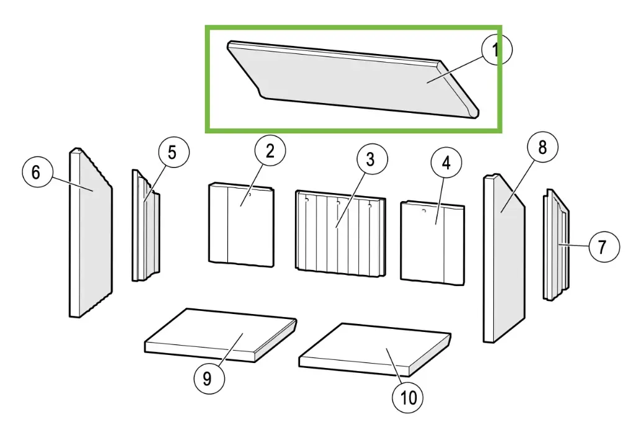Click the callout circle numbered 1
tap(497, 50)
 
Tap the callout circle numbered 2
tap(270, 151)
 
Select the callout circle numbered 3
tap(372, 159)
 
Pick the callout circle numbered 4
tap(446, 163)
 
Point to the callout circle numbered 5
tap(173, 152)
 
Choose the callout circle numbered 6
tap(37, 172)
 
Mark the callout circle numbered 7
tap(604, 246)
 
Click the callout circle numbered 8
tap(543, 147)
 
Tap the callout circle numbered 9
tap(209, 378)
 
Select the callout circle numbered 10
tap(407, 398)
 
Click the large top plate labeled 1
tap(353, 80)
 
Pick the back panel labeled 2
tap(242, 225)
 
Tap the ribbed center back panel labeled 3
tap(340, 233)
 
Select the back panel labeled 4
tap(432, 243)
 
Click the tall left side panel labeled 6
tap(91, 232)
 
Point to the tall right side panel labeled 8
tap(504, 258)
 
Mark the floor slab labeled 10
tap(375, 349)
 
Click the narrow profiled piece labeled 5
tap(145, 225)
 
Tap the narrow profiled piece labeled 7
tap(556, 245)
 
